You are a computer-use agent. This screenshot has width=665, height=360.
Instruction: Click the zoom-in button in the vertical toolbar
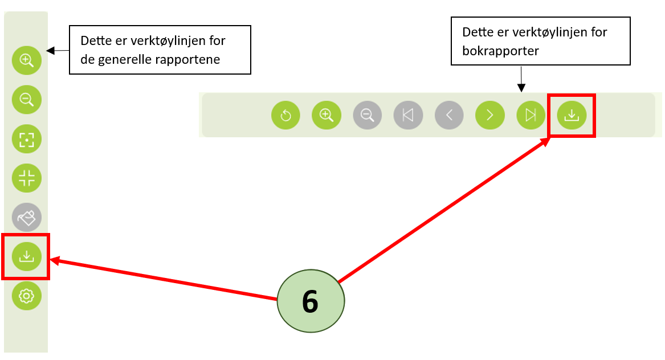[x=27, y=59]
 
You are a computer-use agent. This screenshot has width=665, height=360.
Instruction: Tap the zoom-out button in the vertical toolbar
[x=27, y=99]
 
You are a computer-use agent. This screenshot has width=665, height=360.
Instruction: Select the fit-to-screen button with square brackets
[x=27, y=139]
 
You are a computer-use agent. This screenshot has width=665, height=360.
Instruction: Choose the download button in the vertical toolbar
[x=27, y=257]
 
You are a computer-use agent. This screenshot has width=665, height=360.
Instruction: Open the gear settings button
[x=27, y=296]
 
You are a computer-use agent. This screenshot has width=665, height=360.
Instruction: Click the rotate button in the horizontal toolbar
[x=285, y=116]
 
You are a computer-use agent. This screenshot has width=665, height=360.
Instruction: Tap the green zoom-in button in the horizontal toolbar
[x=327, y=116]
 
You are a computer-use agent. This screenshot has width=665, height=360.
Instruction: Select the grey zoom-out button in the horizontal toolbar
[x=368, y=116]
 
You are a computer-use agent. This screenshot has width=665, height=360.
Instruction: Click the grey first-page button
[x=408, y=116]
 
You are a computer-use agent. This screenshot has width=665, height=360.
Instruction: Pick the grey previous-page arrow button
[x=449, y=116]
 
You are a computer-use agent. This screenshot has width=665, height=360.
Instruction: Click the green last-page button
[x=531, y=116]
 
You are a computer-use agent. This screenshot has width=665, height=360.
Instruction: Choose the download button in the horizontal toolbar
[x=572, y=116]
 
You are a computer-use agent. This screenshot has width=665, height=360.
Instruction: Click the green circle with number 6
[x=311, y=301]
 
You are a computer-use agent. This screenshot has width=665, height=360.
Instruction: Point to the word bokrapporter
[x=500, y=50]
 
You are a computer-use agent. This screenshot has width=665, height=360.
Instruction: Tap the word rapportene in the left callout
[x=187, y=59]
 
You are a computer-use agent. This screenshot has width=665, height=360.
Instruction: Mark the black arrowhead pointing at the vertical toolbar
[x=50, y=51]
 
